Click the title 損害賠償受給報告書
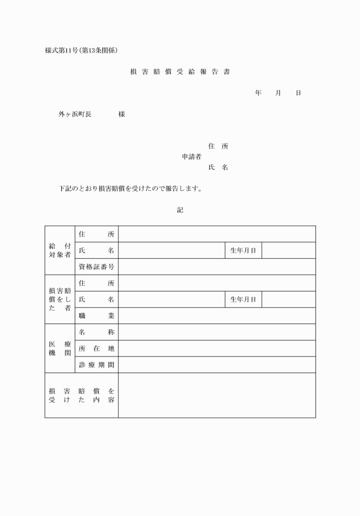click(180, 72)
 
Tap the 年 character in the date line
click(258, 93)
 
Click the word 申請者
click(191, 157)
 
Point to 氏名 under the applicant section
click(218, 167)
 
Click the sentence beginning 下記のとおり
click(131, 189)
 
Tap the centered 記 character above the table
click(180, 210)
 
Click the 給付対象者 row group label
click(60, 250)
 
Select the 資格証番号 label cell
click(97, 267)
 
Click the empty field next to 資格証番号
click(217, 267)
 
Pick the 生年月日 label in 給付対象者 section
click(243, 250)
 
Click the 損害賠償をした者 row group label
click(60, 299)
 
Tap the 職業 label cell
click(97, 316)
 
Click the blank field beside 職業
click(217, 316)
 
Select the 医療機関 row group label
click(60, 349)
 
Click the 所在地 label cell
click(97, 349)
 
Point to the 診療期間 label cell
click(97, 365)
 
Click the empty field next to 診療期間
click(217, 365)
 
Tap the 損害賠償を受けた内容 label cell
click(82, 395)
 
